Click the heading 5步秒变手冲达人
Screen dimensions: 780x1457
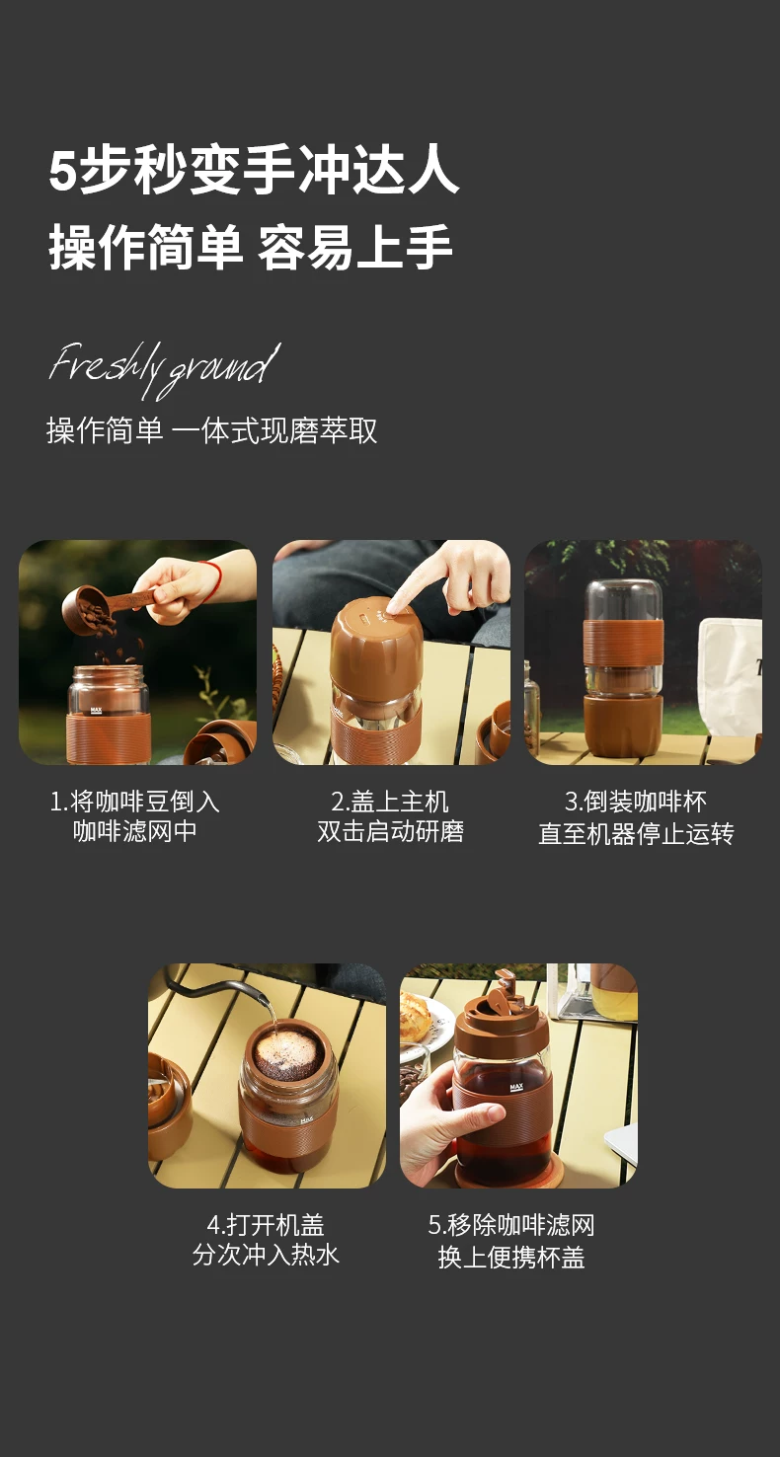(x=254, y=171)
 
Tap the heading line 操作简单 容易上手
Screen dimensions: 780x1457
(x=251, y=247)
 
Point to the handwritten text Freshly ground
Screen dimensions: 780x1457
(x=165, y=367)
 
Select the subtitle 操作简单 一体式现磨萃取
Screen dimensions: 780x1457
(x=211, y=430)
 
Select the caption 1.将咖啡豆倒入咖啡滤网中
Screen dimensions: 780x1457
(x=134, y=816)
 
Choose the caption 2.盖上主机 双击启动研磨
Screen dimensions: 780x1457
(x=390, y=816)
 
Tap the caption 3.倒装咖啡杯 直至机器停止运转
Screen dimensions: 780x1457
(x=636, y=817)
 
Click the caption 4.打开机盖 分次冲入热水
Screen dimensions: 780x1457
(x=266, y=1240)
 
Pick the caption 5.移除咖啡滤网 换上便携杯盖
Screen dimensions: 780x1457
(x=511, y=1241)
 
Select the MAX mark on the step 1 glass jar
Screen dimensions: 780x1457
(x=97, y=711)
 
